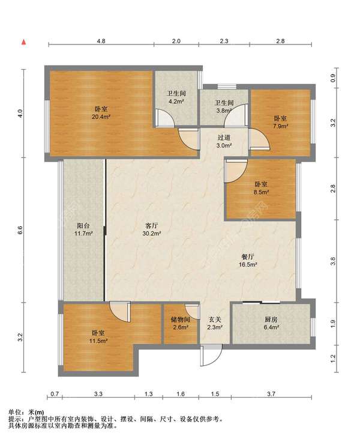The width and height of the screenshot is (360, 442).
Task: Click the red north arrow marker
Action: pos(24,42)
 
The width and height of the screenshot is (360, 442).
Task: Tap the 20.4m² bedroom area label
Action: pos(101,113)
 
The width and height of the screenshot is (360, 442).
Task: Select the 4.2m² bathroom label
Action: pos(176,97)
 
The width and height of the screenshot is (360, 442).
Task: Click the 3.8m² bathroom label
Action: pos(224,106)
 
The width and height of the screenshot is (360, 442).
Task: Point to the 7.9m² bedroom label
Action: pos(280,123)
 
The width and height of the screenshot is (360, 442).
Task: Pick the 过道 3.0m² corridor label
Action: pos(224,142)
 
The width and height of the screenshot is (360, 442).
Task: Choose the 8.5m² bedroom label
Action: pos(261,189)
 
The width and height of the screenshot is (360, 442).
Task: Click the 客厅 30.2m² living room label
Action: pos(152,229)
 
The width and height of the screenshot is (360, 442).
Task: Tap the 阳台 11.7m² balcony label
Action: pos(83,229)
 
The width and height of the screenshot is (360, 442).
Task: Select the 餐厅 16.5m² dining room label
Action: pos(248,261)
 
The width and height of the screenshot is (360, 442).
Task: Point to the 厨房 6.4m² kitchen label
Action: pos(271,323)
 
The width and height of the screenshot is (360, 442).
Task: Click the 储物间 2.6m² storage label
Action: pos(180,323)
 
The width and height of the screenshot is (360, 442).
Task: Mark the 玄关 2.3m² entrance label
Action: pos(215,323)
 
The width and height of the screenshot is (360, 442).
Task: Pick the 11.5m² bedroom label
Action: pos(98,337)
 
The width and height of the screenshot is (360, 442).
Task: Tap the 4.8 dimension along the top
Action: pos(101,41)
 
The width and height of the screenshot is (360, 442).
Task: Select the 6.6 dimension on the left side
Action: pos(20,230)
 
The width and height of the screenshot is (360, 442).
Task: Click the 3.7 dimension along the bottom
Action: pos(271,394)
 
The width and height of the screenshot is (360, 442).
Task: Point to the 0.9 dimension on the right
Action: pos(333,78)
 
